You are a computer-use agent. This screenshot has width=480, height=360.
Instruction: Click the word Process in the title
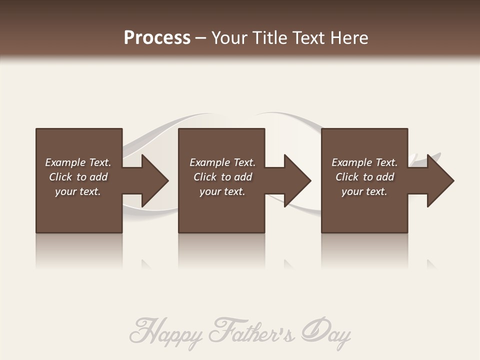(x=157, y=38)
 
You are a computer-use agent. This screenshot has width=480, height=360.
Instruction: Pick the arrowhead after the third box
(x=439, y=180)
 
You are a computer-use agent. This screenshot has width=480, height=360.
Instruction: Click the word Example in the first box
(x=65, y=162)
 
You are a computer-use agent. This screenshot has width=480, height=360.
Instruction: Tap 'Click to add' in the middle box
(x=222, y=177)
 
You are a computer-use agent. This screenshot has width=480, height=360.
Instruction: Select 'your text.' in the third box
(x=364, y=191)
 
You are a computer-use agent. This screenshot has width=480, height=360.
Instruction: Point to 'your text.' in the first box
(x=78, y=191)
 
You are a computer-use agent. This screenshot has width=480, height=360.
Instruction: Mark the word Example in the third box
(x=352, y=162)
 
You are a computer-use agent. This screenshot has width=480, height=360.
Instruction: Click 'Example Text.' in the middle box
(x=222, y=162)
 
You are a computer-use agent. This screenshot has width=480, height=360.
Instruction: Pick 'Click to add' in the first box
(x=78, y=177)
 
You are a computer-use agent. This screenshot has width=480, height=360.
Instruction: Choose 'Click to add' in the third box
(x=364, y=177)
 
